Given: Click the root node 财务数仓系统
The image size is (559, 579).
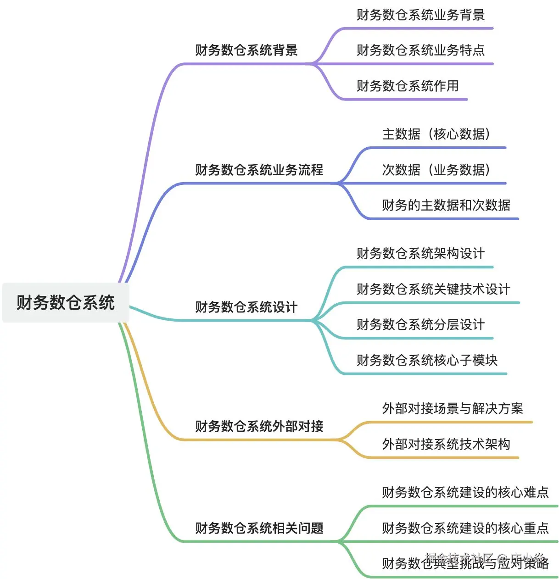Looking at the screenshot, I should tap(66, 303).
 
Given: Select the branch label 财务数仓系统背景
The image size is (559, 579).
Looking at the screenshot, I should tap(246, 50).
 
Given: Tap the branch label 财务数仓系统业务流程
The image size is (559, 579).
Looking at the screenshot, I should tap(259, 170).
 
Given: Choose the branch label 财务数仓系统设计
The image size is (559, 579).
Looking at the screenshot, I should tap(246, 307).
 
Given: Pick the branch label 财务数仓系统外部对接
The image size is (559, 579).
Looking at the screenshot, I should tap(259, 426).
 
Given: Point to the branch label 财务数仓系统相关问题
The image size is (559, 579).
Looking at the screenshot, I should tap(259, 528).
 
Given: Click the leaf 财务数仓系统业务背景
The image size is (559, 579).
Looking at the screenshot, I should tap(420, 15).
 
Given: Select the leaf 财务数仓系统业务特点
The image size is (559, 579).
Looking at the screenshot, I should tap(420, 50).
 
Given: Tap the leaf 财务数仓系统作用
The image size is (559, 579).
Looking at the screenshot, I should tap(408, 86).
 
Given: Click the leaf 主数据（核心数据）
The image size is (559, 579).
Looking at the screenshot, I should tap(436, 134).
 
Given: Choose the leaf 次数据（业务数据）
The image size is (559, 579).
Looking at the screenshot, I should tap(436, 170).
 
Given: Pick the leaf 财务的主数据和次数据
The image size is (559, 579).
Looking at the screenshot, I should tap(446, 205).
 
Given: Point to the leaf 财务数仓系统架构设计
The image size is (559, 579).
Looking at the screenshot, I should tap(420, 253).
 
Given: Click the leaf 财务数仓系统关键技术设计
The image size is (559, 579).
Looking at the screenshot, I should tap(433, 289).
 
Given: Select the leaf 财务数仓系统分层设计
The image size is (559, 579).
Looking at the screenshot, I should tap(420, 324).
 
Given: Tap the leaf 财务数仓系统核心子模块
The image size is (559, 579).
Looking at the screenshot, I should tap(427, 360).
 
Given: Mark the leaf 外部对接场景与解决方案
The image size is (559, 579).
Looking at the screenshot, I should tap(453, 408).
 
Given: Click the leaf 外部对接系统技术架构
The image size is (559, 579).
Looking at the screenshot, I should tap(446, 444).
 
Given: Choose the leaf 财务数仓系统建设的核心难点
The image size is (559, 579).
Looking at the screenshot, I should tap(465, 492).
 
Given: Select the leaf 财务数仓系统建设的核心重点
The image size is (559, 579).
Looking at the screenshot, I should tap(465, 528).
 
